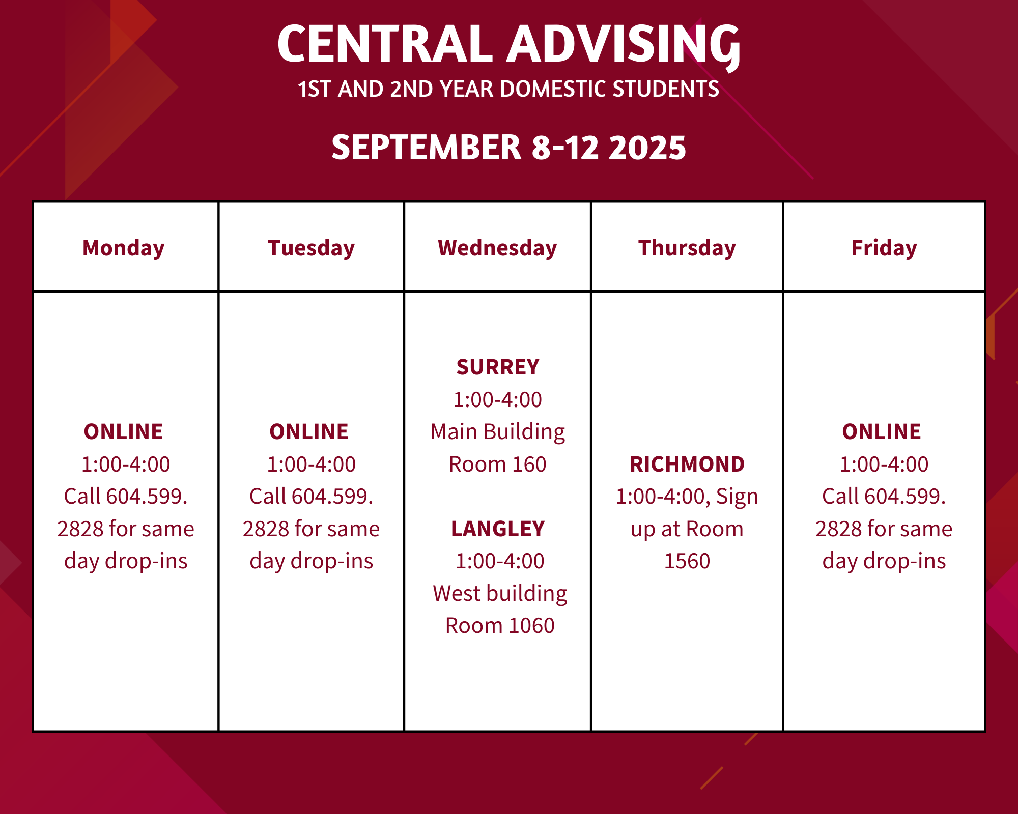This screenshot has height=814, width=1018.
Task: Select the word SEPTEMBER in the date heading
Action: click(427, 148)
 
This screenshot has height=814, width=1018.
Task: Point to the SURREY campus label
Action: click(498, 367)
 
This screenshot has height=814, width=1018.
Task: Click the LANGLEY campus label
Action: click(498, 529)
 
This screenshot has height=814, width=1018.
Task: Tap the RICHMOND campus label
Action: click(687, 464)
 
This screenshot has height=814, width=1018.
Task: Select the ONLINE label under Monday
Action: click(124, 432)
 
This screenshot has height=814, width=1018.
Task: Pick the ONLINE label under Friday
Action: click(882, 432)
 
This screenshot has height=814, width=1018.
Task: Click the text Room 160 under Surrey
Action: click(498, 464)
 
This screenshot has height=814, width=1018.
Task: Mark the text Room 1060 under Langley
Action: click(500, 626)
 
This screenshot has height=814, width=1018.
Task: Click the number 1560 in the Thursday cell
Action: click(687, 561)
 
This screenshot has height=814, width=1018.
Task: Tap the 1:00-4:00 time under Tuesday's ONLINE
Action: click(312, 464)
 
